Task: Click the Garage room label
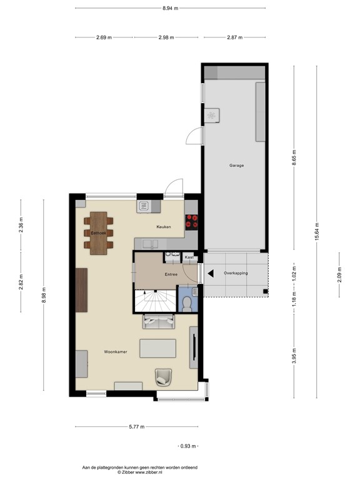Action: coord(236,166)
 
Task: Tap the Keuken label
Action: coord(164,227)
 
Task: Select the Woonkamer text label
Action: coord(116,352)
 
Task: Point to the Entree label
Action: coord(171,274)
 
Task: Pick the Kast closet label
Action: coord(188,257)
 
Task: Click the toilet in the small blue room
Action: coord(187,303)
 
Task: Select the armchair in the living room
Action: coord(164,376)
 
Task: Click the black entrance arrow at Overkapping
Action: coord(211,273)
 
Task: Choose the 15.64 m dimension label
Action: coord(317,232)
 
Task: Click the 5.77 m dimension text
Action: coord(136,427)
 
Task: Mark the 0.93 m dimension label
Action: coord(187,446)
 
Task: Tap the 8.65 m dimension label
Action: coord(294,158)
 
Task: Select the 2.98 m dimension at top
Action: coord(166,37)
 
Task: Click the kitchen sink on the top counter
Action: coord(144,206)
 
